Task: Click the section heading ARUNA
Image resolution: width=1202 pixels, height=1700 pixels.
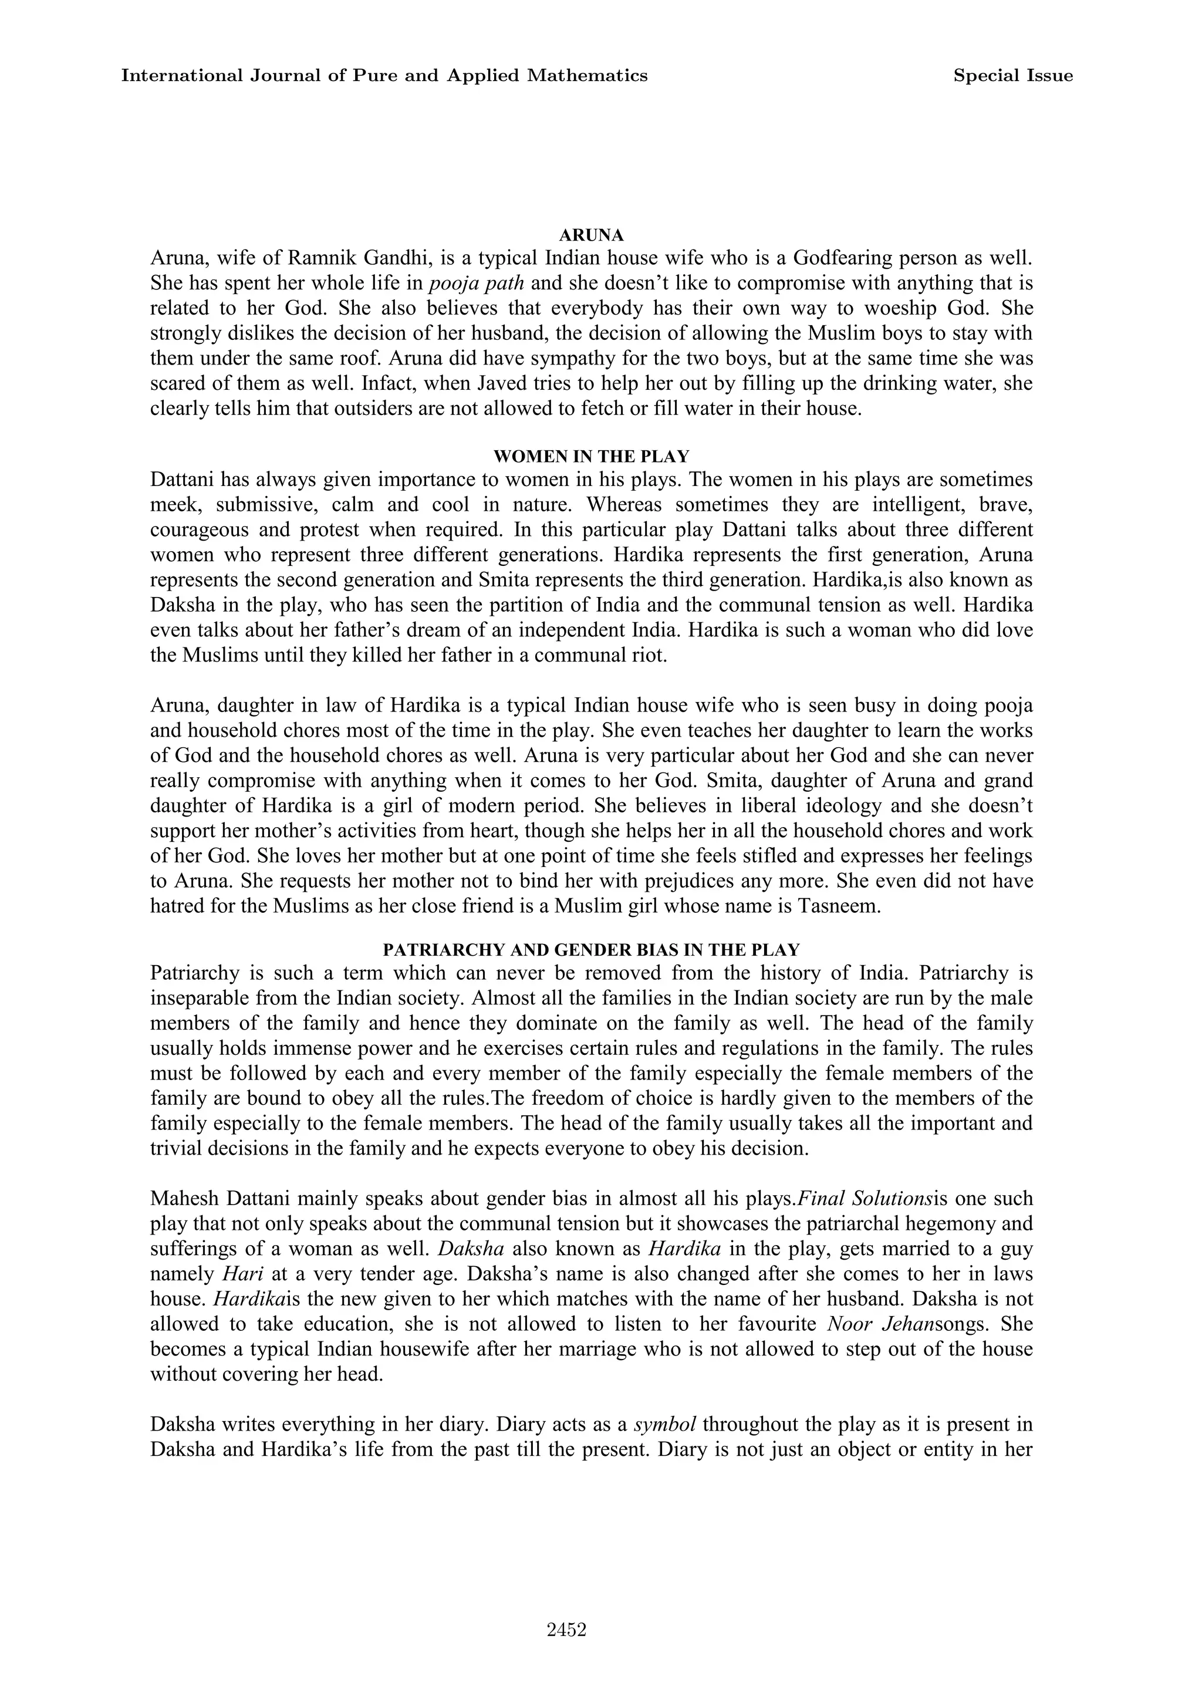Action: [592, 235]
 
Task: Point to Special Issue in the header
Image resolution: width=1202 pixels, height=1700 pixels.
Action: [1012, 76]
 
